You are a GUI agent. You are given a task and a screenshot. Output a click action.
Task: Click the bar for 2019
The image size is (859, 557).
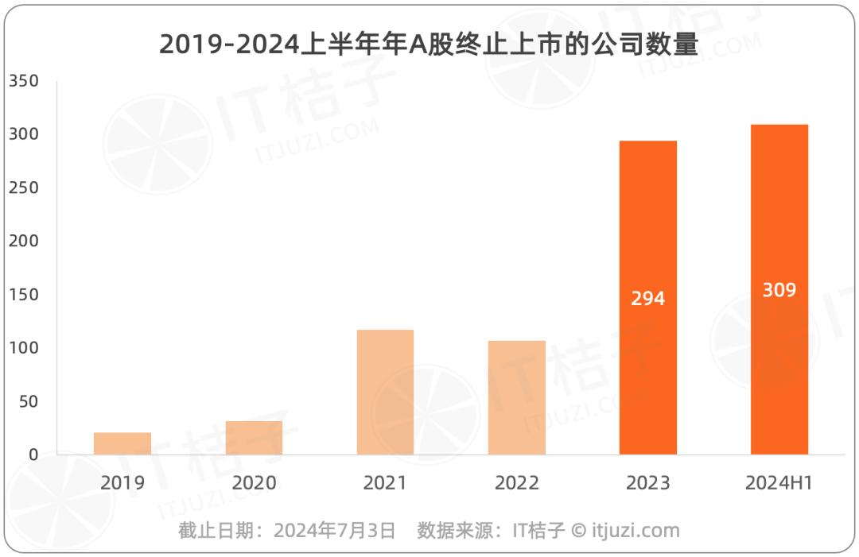(122, 443)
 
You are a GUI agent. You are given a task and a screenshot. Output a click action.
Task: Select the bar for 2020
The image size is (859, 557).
(254, 438)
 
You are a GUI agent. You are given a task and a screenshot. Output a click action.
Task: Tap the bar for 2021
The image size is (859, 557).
(385, 393)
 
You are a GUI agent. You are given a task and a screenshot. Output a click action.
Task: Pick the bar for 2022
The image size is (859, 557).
(517, 398)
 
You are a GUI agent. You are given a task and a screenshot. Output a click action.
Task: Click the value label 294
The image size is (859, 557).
(647, 300)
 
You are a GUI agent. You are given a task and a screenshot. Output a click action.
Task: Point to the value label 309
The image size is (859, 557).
(779, 290)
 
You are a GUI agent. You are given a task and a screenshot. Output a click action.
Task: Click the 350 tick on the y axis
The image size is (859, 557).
(23, 81)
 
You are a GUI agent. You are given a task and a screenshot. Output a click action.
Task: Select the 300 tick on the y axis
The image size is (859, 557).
(23, 134)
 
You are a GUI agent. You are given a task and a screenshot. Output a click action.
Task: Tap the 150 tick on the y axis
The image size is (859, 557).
(23, 295)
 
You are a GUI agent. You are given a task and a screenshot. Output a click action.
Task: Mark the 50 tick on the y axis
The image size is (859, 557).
(28, 401)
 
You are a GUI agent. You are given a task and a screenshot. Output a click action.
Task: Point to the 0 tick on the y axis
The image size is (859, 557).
(33, 454)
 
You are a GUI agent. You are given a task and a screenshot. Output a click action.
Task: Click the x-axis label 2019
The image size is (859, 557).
(122, 483)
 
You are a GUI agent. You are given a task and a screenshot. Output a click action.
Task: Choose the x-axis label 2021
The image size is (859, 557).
(385, 483)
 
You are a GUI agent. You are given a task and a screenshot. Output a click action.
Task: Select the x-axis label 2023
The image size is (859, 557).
(647, 483)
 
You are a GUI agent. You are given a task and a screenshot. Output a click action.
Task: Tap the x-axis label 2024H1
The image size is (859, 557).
(779, 483)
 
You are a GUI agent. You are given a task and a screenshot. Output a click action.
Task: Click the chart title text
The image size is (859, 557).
(429, 44)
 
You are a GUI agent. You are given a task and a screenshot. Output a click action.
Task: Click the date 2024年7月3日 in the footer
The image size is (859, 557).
(335, 531)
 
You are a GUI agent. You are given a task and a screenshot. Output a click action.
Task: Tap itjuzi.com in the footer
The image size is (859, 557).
(636, 531)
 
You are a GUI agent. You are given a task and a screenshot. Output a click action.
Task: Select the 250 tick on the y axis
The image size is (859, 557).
(23, 188)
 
